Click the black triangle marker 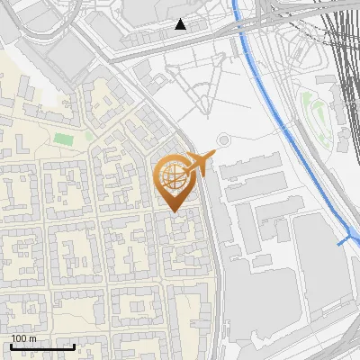coord(182,24)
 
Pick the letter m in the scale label coord(33,338)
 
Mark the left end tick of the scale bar coord(11,346)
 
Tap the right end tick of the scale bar coord(74,346)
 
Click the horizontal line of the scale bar coord(42,347)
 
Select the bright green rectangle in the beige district coord(62,139)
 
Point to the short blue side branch coord(344,241)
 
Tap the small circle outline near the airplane coord(223,141)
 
